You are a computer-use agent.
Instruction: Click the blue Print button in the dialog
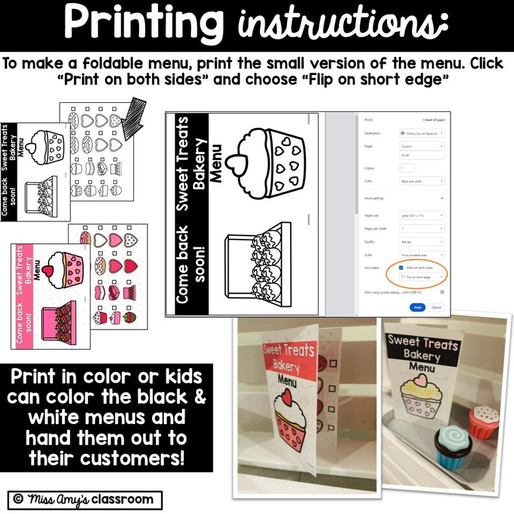click(x=418, y=307)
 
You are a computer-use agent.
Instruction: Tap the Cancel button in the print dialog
click(x=436, y=307)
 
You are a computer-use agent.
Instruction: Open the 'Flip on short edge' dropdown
click(x=422, y=276)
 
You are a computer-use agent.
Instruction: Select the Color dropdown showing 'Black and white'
click(x=422, y=181)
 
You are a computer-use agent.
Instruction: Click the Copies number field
click(x=407, y=167)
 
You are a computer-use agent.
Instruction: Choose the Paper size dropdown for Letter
click(x=422, y=215)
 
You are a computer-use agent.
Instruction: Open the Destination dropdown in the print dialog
click(x=422, y=132)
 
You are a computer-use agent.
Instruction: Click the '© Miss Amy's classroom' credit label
click(x=84, y=499)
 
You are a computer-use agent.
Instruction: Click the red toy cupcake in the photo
click(x=484, y=419)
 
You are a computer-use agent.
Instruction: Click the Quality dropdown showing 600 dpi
click(x=422, y=243)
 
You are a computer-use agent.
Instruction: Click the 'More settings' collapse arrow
click(x=441, y=197)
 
